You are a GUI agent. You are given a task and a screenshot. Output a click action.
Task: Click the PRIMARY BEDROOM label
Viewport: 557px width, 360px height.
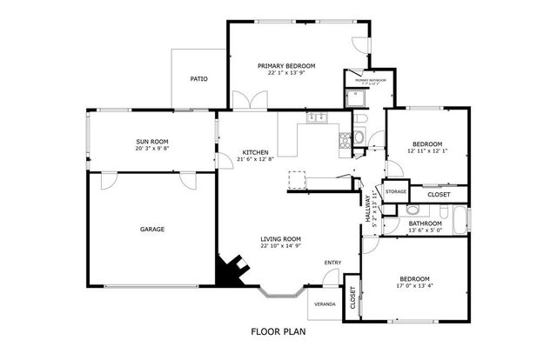click(x=286, y=65)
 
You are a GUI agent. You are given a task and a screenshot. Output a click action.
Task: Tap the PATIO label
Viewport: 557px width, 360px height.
click(x=198, y=79)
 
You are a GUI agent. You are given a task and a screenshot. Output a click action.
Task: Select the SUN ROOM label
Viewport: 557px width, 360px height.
click(x=151, y=141)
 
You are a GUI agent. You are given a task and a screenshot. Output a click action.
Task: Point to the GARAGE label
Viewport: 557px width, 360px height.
click(x=152, y=230)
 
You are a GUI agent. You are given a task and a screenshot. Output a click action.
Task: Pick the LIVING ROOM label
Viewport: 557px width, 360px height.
click(x=280, y=239)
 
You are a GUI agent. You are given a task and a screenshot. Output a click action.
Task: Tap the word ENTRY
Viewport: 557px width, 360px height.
click(x=332, y=263)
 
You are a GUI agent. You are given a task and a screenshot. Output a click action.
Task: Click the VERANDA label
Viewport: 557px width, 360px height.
click(x=324, y=303)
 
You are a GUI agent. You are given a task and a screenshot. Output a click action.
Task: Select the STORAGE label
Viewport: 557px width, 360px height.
click(x=396, y=191)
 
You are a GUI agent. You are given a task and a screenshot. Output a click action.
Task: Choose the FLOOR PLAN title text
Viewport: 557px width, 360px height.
click(x=278, y=331)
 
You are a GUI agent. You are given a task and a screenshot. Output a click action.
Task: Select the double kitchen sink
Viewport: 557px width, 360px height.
click(x=315, y=117)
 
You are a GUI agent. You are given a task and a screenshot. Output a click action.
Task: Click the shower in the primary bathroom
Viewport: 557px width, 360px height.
click(x=356, y=97)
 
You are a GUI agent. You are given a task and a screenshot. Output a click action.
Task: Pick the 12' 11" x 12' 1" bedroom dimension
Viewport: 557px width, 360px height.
click(x=427, y=150)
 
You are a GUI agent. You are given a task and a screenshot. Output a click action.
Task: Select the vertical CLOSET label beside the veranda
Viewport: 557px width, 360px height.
click(x=352, y=300)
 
